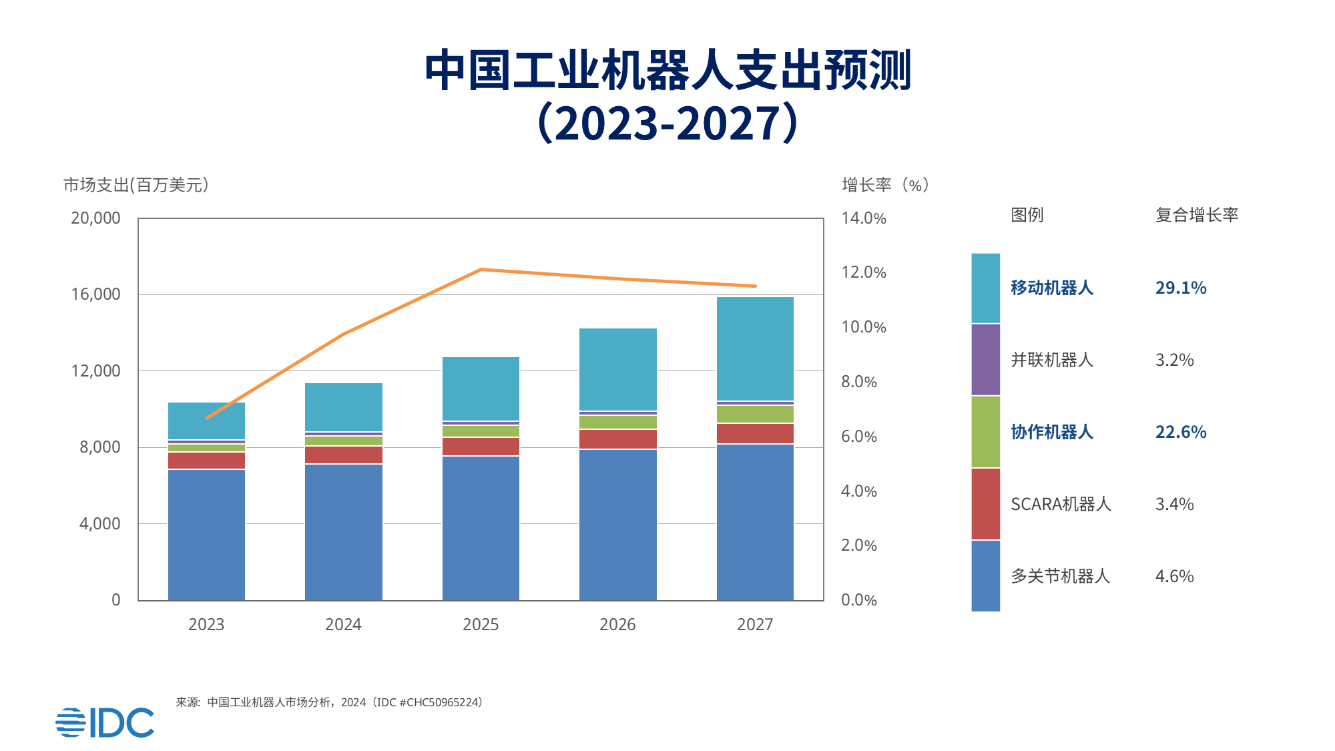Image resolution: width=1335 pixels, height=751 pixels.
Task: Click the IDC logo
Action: [x=105, y=722]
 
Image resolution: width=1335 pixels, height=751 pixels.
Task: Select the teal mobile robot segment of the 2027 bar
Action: [x=755, y=348]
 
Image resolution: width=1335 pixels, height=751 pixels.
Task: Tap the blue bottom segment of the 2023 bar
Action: [x=206, y=534]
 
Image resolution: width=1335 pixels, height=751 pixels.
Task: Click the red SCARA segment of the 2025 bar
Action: [x=481, y=447]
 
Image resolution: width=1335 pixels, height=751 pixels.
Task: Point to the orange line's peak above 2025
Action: [x=481, y=270]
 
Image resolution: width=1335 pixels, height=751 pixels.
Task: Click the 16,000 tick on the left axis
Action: [x=95, y=294]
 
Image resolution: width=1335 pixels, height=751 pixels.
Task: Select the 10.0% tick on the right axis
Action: [x=864, y=327]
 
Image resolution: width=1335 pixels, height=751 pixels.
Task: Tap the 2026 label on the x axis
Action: [x=617, y=625]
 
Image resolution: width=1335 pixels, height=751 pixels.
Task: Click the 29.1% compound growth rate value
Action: [x=1180, y=288]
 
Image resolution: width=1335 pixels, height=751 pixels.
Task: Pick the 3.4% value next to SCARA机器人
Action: [x=1174, y=504]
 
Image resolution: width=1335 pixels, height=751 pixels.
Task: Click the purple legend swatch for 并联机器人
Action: [x=985, y=359]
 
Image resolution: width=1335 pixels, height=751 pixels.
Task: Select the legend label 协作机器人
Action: [x=1051, y=432]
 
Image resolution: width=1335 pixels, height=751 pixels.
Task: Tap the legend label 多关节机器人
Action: [x=1059, y=576]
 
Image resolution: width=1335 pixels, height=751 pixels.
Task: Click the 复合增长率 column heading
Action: [x=1196, y=215]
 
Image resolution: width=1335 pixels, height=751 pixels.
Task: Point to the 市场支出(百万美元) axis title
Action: [x=136, y=185]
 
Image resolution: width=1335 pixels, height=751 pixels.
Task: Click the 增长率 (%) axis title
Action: [x=885, y=185]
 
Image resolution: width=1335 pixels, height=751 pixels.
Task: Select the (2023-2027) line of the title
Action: [x=667, y=123]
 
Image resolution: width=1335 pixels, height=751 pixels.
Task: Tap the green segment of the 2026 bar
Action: [x=617, y=422]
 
